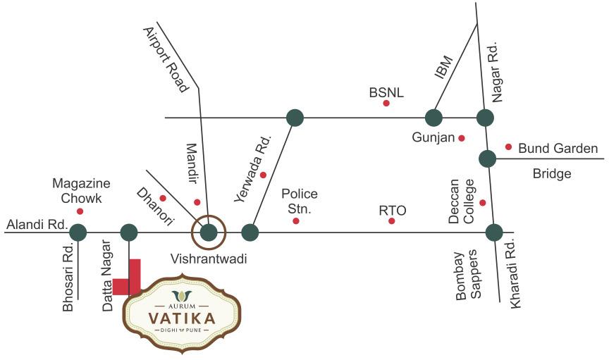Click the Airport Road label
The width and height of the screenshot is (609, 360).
166,60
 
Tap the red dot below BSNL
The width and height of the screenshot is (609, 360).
386,104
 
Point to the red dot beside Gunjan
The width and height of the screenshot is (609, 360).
462,138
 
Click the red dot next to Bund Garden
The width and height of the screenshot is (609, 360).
508,147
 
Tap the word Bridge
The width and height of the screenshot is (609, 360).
552,173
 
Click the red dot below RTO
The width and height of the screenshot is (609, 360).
392,221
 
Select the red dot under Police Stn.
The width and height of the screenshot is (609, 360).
296,221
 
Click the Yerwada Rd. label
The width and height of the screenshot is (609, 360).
253,170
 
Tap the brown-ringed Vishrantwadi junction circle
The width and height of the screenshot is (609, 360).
209,232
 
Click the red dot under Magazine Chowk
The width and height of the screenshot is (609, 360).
80,211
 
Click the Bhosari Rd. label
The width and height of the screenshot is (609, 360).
68,278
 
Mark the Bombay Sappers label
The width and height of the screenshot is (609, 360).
468,275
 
